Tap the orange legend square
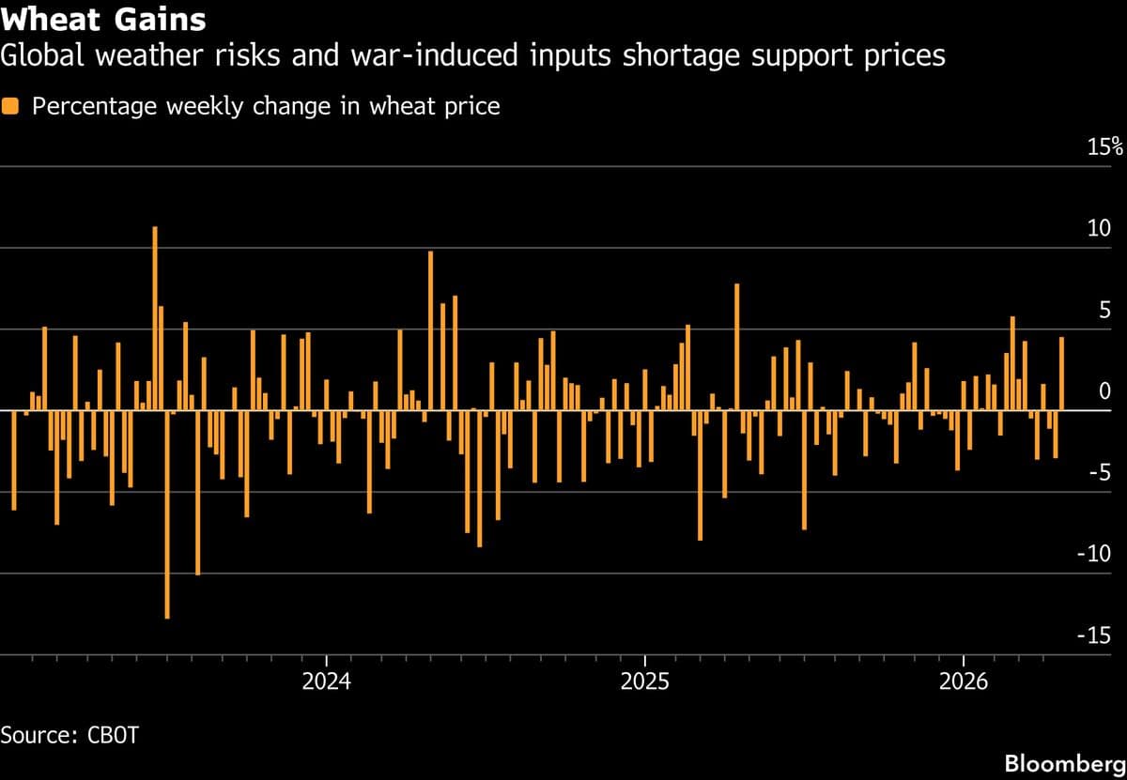tap(11, 106)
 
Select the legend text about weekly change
tap(266, 106)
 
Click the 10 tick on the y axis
tap(1100, 229)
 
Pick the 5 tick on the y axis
tap(1105, 311)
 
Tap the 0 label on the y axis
tap(1105, 391)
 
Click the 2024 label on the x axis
tap(326, 681)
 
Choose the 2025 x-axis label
tap(644, 681)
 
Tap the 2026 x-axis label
tap(964, 681)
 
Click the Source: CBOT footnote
tap(69, 734)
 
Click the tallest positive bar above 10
tap(155, 319)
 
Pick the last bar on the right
tap(1061, 374)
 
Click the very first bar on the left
tap(14, 460)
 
